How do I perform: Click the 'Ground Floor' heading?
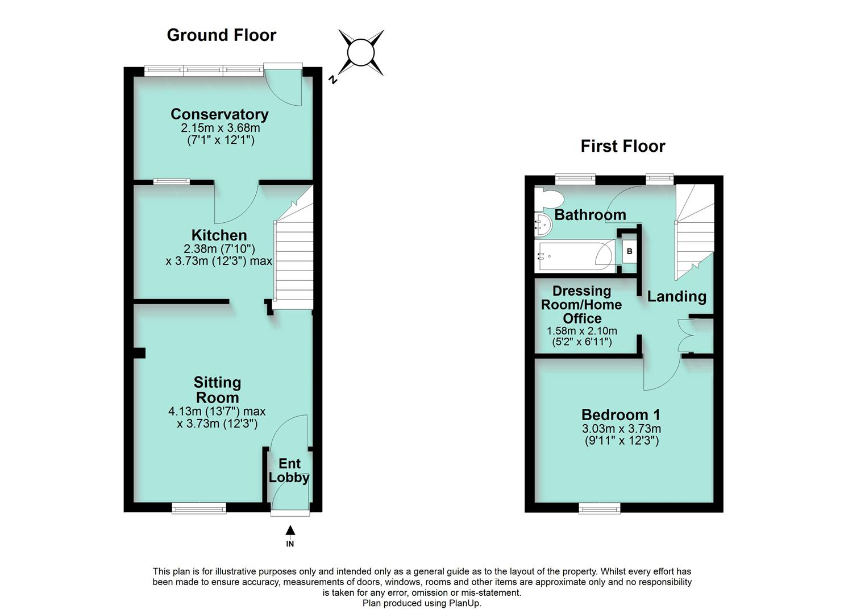(x=221, y=35)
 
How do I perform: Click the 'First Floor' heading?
(x=622, y=146)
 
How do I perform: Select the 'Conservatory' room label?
(x=219, y=114)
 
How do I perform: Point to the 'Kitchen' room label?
(x=219, y=235)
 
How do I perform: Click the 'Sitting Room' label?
(x=217, y=390)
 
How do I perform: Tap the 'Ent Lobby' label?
(x=289, y=471)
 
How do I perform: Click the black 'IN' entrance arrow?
(x=290, y=531)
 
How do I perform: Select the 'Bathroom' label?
(x=590, y=215)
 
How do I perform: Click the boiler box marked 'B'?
(x=629, y=251)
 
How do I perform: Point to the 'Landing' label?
(x=676, y=296)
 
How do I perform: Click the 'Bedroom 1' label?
(x=621, y=414)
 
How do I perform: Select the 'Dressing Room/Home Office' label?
(x=581, y=305)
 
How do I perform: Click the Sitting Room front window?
(x=199, y=508)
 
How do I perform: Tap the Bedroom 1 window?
(x=600, y=508)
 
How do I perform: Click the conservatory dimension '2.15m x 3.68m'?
(x=221, y=128)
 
